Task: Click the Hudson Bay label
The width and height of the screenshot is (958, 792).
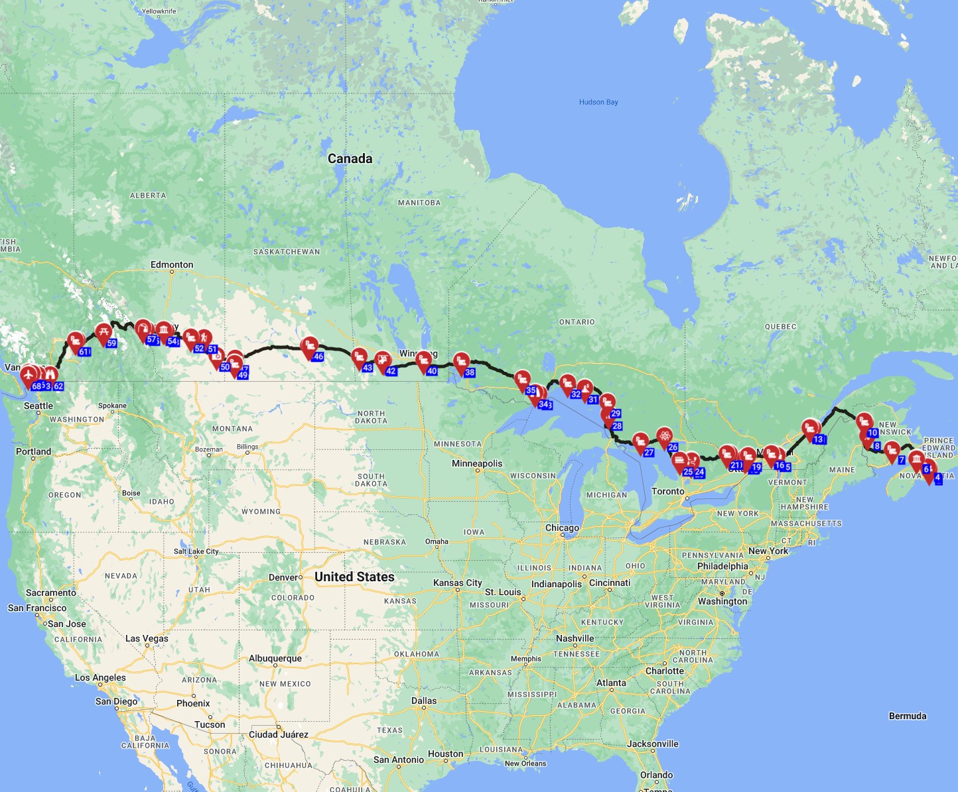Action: [598, 102]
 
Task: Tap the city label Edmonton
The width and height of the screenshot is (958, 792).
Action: [172, 264]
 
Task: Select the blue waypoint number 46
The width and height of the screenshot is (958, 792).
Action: [318, 357]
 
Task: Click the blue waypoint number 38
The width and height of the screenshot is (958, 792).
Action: [470, 372]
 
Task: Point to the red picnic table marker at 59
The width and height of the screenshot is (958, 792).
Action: [103, 333]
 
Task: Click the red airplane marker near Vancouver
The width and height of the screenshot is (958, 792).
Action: [29, 376]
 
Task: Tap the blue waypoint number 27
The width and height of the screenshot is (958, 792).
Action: [649, 453]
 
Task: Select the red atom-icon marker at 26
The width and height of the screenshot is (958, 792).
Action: [664, 436]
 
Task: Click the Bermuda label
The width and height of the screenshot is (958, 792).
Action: [907, 716]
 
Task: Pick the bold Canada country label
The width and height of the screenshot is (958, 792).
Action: [350, 158]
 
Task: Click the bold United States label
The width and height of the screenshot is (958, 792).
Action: [354, 577]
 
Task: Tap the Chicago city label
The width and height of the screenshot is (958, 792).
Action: [562, 528]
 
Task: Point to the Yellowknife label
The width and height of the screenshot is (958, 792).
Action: [159, 11]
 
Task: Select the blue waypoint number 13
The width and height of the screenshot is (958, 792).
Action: [818, 439]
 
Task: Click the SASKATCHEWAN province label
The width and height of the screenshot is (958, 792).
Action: [287, 252]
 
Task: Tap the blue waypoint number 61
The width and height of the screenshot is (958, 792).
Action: [84, 352]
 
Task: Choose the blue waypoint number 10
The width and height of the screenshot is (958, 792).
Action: [872, 433]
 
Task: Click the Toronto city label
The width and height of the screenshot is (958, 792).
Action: [667, 491]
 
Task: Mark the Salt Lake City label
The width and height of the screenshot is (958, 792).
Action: [196, 551]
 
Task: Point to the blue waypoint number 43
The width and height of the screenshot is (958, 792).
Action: [368, 368]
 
